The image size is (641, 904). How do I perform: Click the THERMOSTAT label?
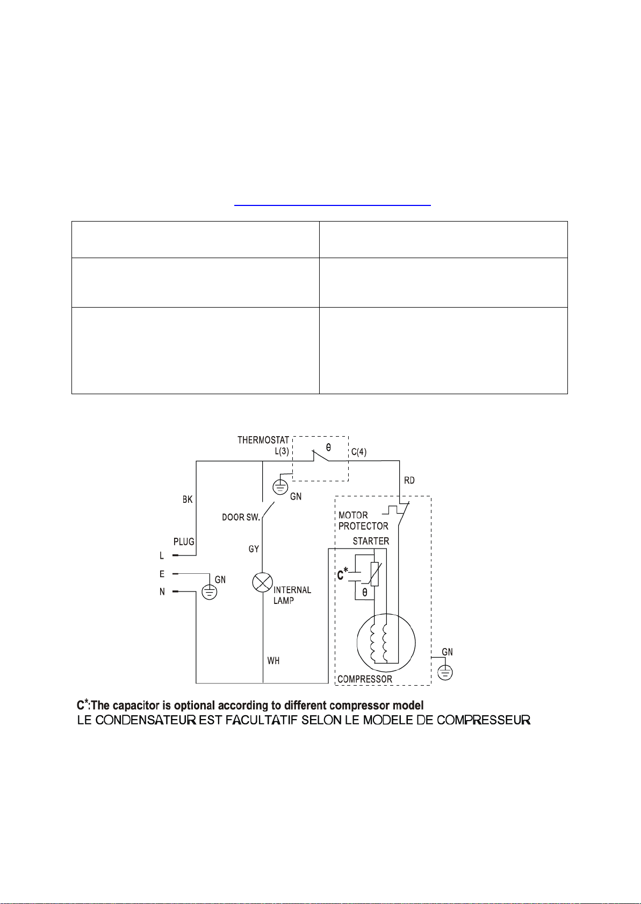coord(263,440)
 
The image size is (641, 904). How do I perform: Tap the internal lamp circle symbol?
coord(262,583)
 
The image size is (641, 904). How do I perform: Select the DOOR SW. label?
coord(241,517)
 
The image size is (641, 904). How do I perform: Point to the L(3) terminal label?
coord(282,452)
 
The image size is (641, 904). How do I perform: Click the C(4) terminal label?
coord(359,452)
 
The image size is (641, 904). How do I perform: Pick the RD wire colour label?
coord(409,480)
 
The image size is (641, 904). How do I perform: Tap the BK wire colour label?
coord(188,500)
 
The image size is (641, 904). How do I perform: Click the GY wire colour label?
coord(254,549)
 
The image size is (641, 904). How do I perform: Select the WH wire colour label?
coord(273,660)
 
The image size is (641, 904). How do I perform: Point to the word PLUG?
coord(184,542)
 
